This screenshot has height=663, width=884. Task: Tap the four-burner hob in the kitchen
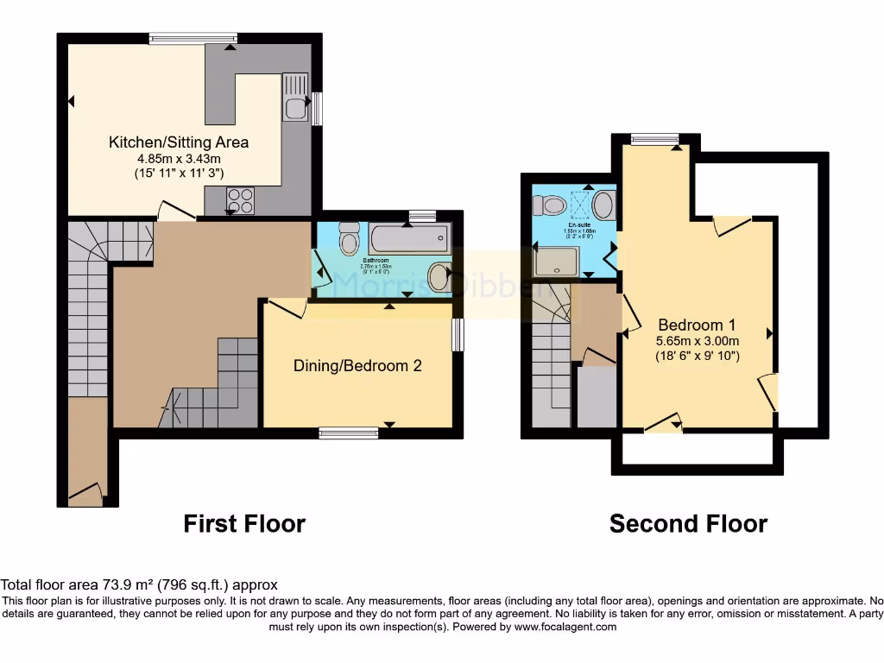[x=239, y=200]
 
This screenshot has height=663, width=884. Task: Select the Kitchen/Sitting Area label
[x=179, y=142]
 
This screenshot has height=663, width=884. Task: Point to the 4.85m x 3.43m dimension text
[x=179, y=159]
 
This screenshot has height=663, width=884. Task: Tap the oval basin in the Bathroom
[x=439, y=278]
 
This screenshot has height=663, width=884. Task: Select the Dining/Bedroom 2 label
[x=357, y=366]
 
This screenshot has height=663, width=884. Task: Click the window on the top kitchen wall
[x=193, y=38]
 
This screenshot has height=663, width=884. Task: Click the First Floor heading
[x=244, y=524]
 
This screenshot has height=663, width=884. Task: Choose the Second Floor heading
[x=688, y=524]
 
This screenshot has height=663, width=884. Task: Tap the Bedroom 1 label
[x=697, y=325]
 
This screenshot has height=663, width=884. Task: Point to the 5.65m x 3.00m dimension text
[x=697, y=341]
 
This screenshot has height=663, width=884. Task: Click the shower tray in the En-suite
[x=556, y=262]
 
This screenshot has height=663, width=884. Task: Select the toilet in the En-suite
[x=549, y=205]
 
